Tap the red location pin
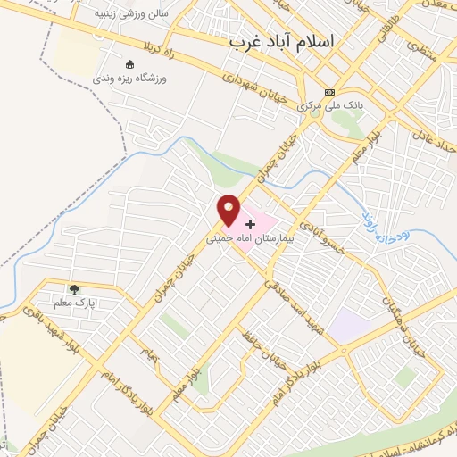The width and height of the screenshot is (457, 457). (229, 210)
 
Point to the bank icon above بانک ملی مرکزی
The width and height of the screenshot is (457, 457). (330, 92)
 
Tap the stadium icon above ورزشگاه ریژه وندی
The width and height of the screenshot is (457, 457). (130, 64)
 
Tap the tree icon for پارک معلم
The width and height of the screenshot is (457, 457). (74, 289)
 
